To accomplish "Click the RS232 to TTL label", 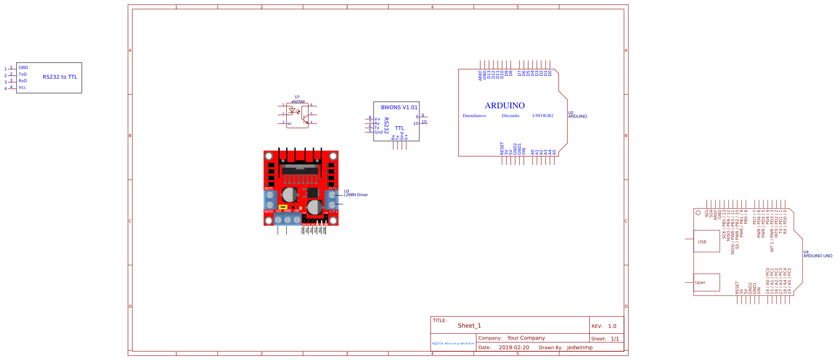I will pyautogui.click(x=60, y=77).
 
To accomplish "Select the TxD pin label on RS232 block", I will pyautogui.click(x=23, y=74).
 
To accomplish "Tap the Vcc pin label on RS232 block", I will pyautogui.click(x=22, y=87).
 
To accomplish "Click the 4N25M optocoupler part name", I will pyautogui.click(x=298, y=101).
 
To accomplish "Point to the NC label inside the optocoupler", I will pyautogui.click(x=290, y=124).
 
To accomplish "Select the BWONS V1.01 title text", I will pyautogui.click(x=399, y=108).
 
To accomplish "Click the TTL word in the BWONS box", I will pyautogui.click(x=399, y=128).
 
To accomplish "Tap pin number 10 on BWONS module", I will pyautogui.click(x=416, y=124).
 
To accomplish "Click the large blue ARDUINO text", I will pyautogui.click(x=504, y=106).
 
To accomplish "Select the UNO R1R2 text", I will pyautogui.click(x=543, y=116).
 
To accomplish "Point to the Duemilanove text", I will pyautogui.click(x=474, y=116).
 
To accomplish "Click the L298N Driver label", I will pyautogui.click(x=356, y=195).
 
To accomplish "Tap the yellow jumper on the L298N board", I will pyautogui.click(x=283, y=207).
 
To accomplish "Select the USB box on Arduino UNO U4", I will pyautogui.click(x=706, y=241).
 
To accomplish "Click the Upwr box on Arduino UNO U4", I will pyautogui.click(x=706, y=283).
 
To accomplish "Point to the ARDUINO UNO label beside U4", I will pyautogui.click(x=817, y=256).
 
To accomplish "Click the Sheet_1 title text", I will pyautogui.click(x=469, y=326).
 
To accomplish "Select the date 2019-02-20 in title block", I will pyautogui.click(x=513, y=347).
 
